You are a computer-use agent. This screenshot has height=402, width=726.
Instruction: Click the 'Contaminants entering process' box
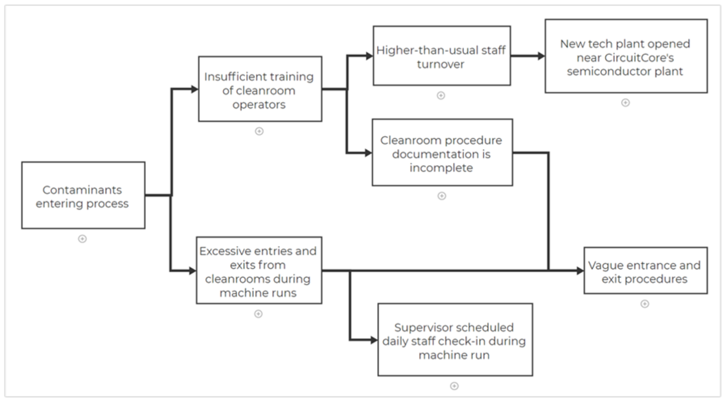[x=83, y=195]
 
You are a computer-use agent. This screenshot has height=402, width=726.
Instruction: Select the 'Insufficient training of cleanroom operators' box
[x=260, y=89]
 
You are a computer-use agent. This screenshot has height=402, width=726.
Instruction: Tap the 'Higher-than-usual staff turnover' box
[x=441, y=56]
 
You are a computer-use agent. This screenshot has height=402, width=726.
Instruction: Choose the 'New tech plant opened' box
[x=626, y=56]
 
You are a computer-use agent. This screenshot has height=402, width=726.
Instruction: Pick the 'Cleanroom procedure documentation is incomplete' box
[x=442, y=153]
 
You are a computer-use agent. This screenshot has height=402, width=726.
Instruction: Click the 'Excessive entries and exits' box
[x=259, y=270]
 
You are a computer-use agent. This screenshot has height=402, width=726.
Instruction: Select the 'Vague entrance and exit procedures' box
[x=645, y=271]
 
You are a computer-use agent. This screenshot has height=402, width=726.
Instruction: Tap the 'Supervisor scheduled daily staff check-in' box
[x=455, y=340]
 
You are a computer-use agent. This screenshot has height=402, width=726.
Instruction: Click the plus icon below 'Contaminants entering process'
[x=82, y=239]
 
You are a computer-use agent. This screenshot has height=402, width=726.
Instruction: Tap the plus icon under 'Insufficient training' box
[x=259, y=131]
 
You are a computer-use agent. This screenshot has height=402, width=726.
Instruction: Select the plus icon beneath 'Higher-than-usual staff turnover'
[x=441, y=96]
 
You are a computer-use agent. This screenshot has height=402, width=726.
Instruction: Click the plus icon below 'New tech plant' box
[x=626, y=103]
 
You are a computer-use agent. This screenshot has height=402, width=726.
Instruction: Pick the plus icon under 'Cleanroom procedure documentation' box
[x=442, y=196]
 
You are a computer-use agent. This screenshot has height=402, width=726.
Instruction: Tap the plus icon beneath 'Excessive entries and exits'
[x=258, y=314]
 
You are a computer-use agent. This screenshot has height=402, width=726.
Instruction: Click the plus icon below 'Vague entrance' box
[x=645, y=304]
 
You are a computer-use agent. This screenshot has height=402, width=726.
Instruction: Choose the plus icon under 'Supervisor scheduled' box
[x=455, y=386]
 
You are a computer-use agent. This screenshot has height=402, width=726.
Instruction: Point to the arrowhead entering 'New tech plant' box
[x=541, y=56]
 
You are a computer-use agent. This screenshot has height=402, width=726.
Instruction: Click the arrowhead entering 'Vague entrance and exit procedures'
[x=580, y=271]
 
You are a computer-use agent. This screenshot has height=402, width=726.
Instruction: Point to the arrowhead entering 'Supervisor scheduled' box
[x=374, y=340]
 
